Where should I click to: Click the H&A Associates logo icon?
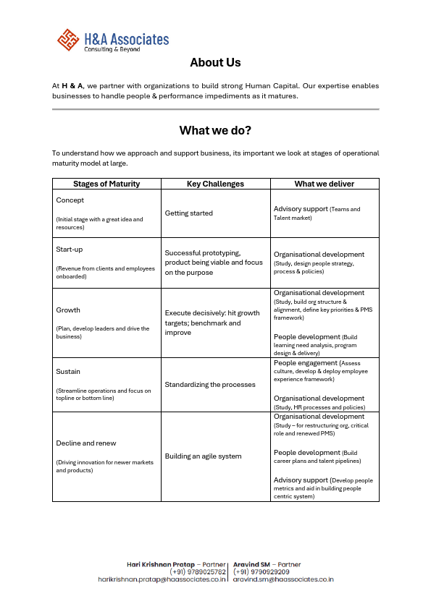tap(68, 40)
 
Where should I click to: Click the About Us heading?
tap(215, 63)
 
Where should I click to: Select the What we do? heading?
tap(215, 130)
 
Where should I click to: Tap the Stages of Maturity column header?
tap(106, 184)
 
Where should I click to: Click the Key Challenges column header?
tap(215, 184)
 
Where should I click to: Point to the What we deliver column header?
tap(324, 184)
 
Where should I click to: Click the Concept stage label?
tap(70, 200)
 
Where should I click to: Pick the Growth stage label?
tap(68, 310)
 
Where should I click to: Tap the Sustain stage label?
tap(68, 372)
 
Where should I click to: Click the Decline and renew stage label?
tap(86, 443)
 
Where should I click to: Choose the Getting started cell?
tap(189, 213)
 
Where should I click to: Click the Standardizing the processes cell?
tap(210, 385)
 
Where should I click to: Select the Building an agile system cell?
tap(204, 456)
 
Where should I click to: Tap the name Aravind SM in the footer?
tap(252, 564)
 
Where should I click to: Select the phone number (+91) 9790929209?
tap(261, 572)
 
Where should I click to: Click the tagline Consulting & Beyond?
tap(112, 49)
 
